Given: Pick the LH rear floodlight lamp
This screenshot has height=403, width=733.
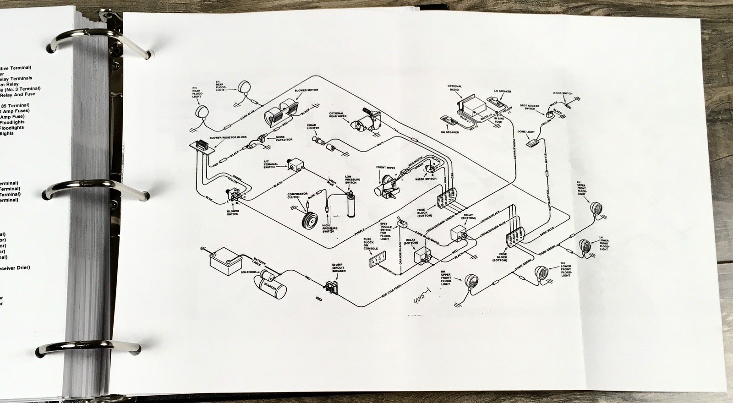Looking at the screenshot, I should (x=243, y=86).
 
